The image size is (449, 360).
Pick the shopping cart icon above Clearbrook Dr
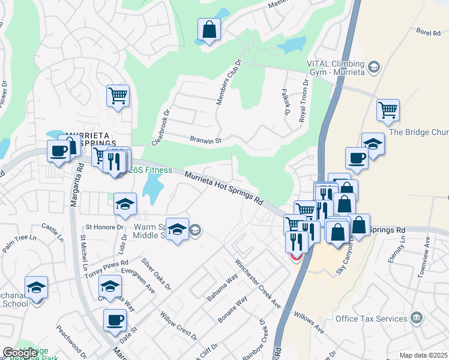click(x=118, y=95)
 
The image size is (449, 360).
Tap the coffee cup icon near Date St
click(x=115, y=320)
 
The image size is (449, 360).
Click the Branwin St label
click(x=206, y=140)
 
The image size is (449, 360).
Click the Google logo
click(x=20, y=353)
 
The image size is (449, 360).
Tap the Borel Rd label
click(x=428, y=34)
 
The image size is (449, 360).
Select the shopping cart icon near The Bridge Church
click(x=388, y=110)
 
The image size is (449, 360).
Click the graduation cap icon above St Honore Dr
click(x=125, y=204)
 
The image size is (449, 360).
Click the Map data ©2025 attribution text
click(x=423, y=355)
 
